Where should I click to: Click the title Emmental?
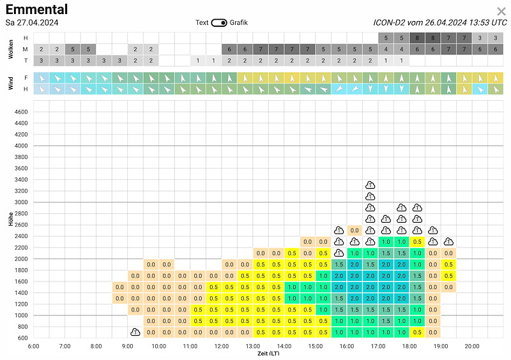36,9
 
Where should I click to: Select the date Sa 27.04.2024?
32,23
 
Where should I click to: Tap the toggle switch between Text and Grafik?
218,23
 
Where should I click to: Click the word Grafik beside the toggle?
238,22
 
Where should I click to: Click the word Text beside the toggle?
202,22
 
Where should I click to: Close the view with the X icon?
501,11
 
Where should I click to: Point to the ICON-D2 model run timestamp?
440,22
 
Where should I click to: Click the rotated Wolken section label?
11,49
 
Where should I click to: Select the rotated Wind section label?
11,83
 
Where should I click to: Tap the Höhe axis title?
11,219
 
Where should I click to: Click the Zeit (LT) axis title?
268,354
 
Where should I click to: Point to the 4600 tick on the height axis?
21,112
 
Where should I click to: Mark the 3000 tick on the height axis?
21,202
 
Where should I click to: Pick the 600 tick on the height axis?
22,338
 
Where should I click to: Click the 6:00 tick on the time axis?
34,346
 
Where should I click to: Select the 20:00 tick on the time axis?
472,346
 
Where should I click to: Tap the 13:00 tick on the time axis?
253,346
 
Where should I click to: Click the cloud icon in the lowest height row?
135,332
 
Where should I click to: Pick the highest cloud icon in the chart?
370,185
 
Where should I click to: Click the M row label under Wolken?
26,49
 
